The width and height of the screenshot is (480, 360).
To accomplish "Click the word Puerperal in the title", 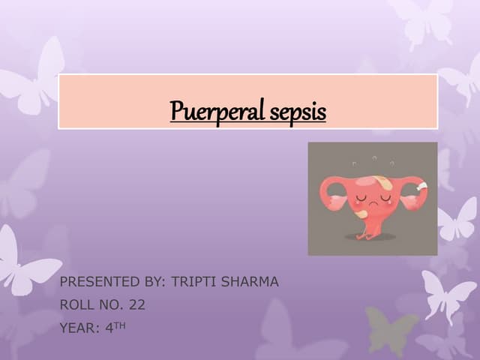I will coord(214,111).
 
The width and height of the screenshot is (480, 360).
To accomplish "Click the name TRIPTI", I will coord(194,282).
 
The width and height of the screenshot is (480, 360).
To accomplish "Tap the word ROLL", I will coord(76,304).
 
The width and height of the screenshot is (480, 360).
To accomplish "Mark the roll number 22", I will coord(136,304).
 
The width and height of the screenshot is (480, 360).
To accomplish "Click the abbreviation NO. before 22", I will coord(111,304).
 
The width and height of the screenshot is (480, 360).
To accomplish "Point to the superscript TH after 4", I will coord(119,324).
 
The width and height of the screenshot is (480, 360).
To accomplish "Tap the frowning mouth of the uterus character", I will coord(372,205).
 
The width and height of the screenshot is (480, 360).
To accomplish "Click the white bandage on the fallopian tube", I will coord(421,186).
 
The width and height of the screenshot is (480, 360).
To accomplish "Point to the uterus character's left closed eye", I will coord(361,197).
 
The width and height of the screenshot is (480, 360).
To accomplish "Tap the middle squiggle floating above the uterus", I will coord(373,157).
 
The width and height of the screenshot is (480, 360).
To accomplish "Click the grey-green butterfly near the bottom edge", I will coord(391,330).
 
